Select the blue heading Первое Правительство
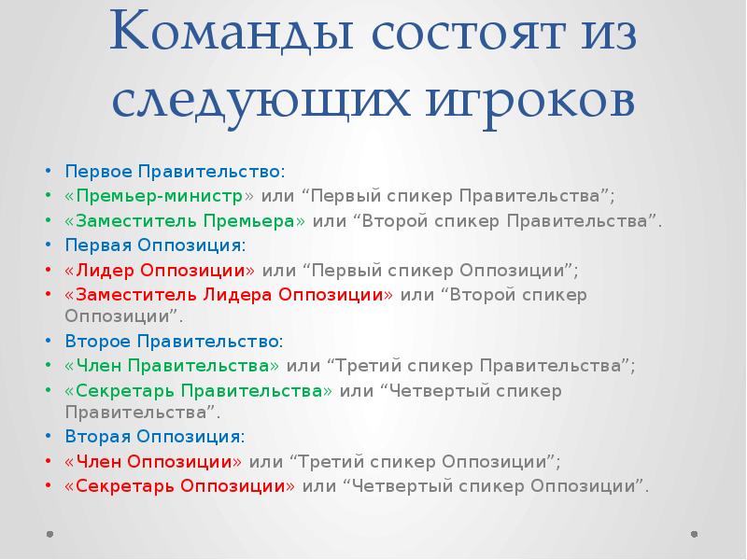click(x=173, y=173)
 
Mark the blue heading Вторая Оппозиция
click(x=154, y=436)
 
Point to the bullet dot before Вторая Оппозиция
click(x=49, y=437)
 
